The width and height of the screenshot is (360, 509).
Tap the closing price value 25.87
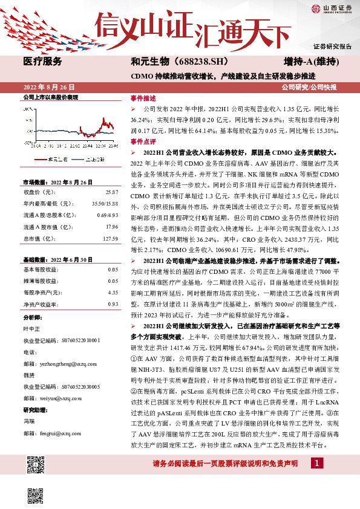111,192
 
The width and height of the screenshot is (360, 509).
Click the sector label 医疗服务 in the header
42,62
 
